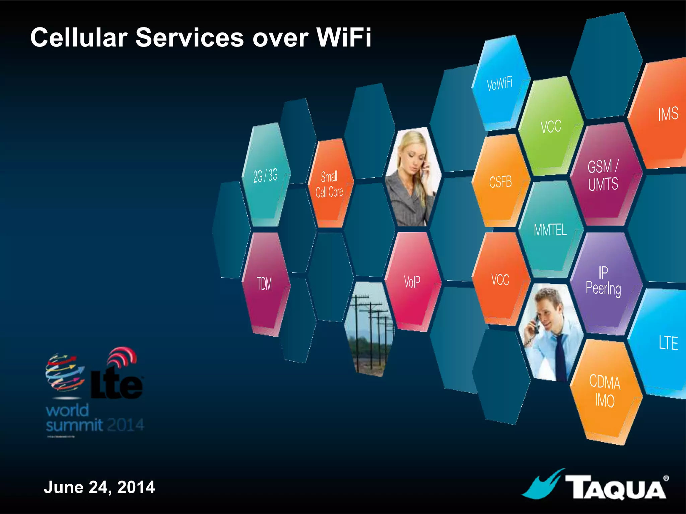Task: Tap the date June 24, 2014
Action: [x=99, y=487]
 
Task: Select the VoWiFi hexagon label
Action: [x=499, y=83]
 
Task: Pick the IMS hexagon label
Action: [x=668, y=114]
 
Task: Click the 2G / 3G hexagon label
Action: [x=265, y=175]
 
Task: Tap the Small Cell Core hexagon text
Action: [x=329, y=184]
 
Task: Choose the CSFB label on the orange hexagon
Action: [x=500, y=182]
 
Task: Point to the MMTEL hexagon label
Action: [x=550, y=230]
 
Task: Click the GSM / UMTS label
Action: [x=603, y=175]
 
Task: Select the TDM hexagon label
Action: [x=264, y=284]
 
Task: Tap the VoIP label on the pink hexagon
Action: [x=412, y=282]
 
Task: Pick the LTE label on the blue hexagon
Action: [x=668, y=343]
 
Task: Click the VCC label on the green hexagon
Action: [x=551, y=127]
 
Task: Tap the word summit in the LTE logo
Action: [x=74, y=425]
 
